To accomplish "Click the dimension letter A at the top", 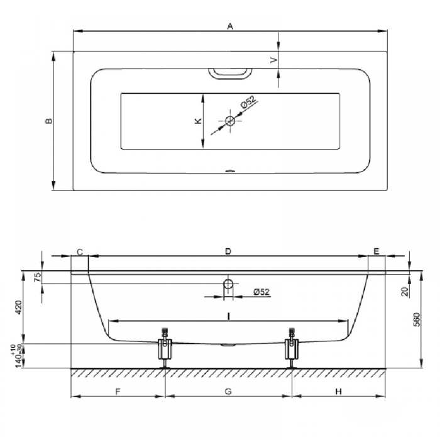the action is click(230, 26).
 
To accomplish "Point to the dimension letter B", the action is click(49, 121).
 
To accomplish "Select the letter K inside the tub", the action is click(198, 121).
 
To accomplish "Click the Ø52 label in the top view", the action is click(248, 102).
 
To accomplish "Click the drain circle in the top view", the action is click(230, 121).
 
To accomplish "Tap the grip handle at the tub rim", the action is click(230, 74).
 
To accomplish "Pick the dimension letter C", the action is click(80, 252).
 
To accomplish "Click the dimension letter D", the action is click(228, 251).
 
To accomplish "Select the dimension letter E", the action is click(377, 251).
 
